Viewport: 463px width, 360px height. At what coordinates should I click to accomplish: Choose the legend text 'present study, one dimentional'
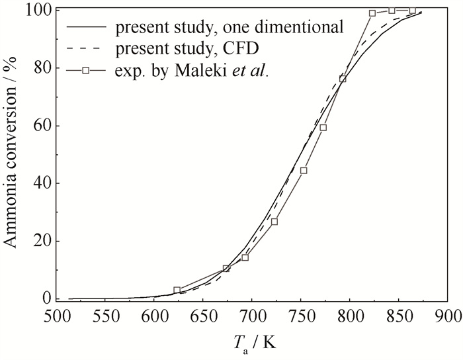click(229, 28)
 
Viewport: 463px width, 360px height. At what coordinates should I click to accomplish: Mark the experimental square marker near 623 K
click(177, 290)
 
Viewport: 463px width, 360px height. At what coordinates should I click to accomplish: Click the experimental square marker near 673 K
click(226, 269)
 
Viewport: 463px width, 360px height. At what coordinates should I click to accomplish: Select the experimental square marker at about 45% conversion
click(304, 170)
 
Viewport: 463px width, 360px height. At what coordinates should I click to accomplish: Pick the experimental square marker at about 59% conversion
click(323, 128)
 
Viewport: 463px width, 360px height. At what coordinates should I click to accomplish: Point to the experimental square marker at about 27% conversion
click(274, 221)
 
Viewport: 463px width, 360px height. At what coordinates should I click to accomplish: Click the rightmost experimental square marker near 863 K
click(412, 11)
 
